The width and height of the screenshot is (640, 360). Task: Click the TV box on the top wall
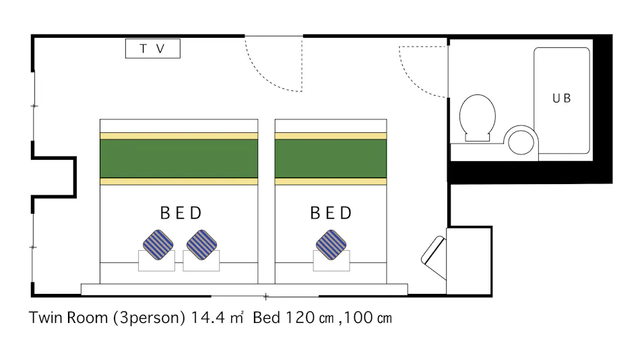[x=153, y=49]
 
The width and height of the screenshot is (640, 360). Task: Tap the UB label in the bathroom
[x=561, y=98]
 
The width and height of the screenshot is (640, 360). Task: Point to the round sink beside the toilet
[x=521, y=142]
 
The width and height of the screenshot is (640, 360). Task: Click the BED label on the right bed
[x=331, y=214]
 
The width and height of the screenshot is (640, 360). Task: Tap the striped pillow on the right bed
[x=331, y=245]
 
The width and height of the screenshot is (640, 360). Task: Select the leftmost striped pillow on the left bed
[x=158, y=245]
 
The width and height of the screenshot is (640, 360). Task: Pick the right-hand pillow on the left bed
[x=201, y=245]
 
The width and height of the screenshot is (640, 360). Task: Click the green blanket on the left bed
[x=179, y=158]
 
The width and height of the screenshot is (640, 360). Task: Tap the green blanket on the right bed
[x=331, y=158]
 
